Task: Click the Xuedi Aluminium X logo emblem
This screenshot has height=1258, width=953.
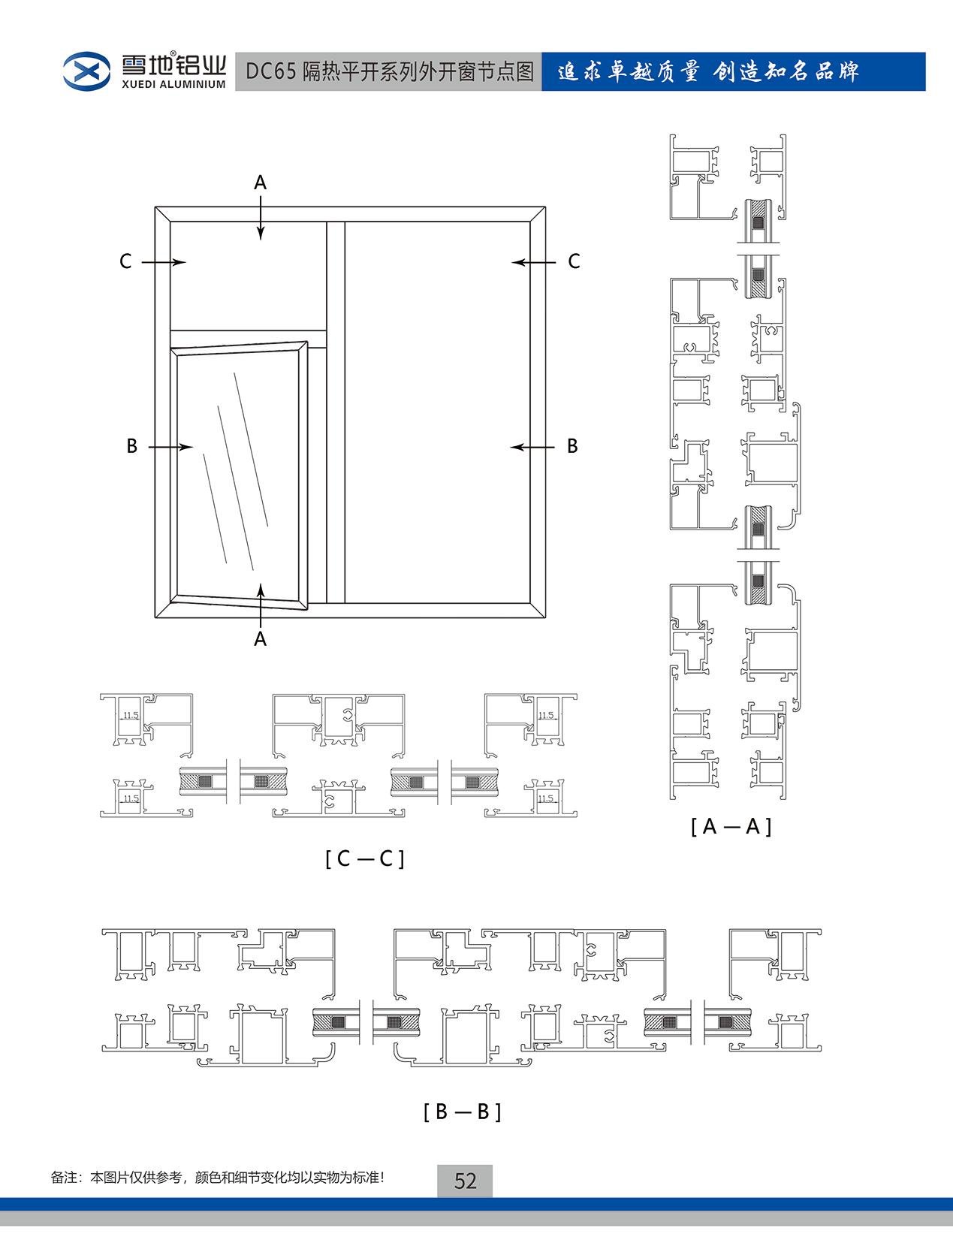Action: (86, 71)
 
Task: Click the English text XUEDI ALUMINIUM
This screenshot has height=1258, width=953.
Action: (173, 84)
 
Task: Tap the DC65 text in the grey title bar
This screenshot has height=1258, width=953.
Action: (270, 71)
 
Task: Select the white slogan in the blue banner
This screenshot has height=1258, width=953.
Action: (708, 71)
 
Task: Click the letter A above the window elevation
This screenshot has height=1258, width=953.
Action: (260, 183)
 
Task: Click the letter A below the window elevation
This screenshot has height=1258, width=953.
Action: (260, 638)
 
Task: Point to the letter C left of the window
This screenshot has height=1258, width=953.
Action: (125, 261)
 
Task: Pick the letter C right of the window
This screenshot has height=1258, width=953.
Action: (574, 261)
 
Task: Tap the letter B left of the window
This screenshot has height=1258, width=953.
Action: (132, 446)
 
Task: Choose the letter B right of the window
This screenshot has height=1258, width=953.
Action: (572, 446)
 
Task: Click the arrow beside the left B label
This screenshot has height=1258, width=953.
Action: (170, 446)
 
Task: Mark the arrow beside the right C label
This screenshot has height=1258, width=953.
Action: (533, 262)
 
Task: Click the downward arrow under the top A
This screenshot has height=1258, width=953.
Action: (261, 218)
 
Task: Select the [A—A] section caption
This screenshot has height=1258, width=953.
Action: (731, 826)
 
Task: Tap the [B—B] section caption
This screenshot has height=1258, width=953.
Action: (462, 1112)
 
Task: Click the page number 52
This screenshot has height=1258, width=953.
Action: (465, 1181)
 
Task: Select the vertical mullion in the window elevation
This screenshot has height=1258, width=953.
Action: (336, 412)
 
